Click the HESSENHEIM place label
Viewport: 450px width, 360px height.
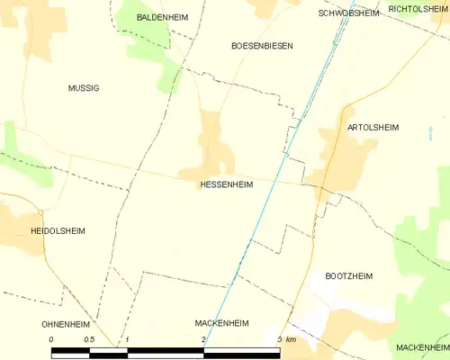(x=226, y=184)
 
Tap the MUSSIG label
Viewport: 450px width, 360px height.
(x=84, y=88)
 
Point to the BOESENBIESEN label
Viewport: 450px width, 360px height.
(x=262, y=44)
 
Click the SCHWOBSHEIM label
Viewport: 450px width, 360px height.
(x=348, y=13)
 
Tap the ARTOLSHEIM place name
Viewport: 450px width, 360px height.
(x=372, y=128)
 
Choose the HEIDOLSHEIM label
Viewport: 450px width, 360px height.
(x=57, y=230)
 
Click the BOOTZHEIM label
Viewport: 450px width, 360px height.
(x=348, y=275)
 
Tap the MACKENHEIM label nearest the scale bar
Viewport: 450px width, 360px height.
(x=221, y=321)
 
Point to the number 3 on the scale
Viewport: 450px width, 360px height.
(x=280, y=339)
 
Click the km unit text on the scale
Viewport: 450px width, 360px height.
(x=291, y=339)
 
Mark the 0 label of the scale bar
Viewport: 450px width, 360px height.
(x=51, y=339)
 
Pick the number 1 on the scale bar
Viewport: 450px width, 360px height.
(x=128, y=339)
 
